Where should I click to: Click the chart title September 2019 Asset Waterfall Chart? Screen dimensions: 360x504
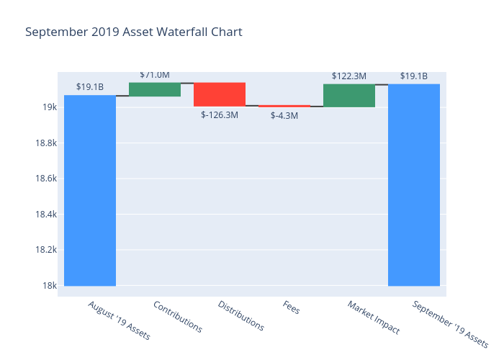pos(133,32)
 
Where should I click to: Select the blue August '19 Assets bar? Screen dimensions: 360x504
pos(90,191)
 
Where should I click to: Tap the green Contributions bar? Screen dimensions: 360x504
pos(155,89)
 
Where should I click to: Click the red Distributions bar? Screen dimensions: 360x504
pos(220,94)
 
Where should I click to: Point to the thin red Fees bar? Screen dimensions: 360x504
pos(284,106)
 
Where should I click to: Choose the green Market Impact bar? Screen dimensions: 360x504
pos(349,95)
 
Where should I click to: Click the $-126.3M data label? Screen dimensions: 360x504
pos(220,115)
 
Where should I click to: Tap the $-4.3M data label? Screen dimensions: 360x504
pos(284,115)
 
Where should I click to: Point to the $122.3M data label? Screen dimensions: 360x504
pos(349,76)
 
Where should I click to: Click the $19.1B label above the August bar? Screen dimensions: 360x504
pos(90,87)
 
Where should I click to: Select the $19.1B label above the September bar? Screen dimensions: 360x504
pos(414,76)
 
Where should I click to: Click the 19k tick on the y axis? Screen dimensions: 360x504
pos(50,107)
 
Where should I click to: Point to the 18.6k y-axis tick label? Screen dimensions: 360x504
pos(45,179)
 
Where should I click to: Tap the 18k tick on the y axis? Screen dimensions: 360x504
pos(50,286)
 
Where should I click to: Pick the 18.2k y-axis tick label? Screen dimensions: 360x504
pos(45,250)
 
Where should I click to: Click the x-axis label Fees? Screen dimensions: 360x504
pos(291,308)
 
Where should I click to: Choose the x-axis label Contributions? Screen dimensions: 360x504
pos(177,316)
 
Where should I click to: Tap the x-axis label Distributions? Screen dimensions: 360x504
pos(240,316)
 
